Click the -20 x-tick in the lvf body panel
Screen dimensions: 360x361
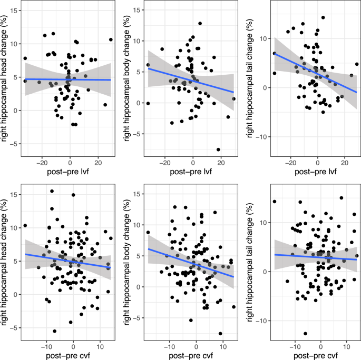165,163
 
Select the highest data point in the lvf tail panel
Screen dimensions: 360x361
323,17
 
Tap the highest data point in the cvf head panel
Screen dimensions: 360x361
52,192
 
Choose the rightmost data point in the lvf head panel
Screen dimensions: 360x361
111,39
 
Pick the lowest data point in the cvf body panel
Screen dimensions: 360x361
220,333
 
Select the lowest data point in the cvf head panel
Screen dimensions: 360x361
54,331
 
